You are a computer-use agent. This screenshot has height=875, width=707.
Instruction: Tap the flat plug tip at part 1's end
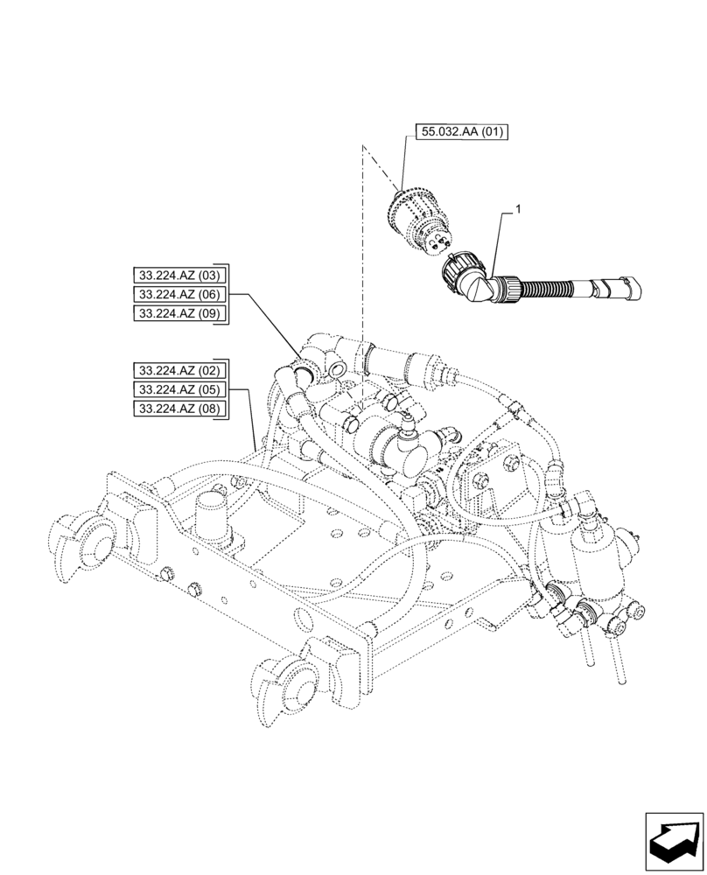pyautogui.click(x=628, y=286)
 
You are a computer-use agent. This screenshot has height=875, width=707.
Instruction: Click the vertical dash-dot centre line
pyautogui.click(x=361, y=262)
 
